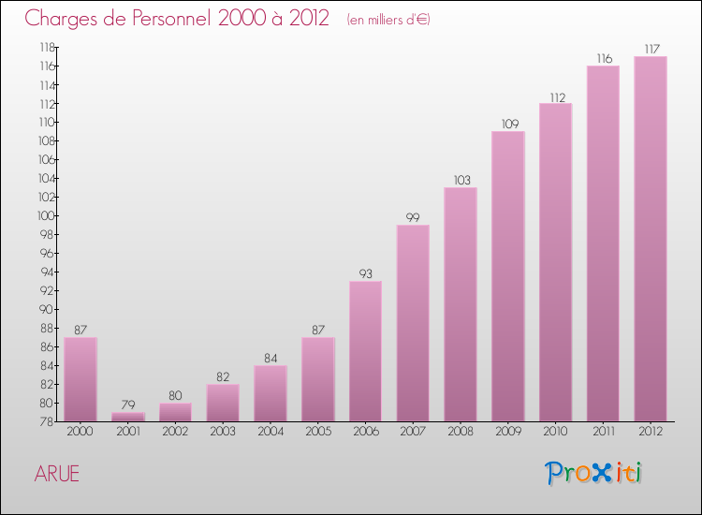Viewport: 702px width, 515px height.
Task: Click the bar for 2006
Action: pos(365,351)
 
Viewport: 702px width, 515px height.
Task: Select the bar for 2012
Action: pos(650,239)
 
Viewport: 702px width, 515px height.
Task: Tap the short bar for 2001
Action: pos(127,417)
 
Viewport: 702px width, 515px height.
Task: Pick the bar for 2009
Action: pos(507,276)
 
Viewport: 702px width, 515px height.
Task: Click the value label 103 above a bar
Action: pos(461,180)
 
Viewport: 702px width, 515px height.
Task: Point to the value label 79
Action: pos(127,405)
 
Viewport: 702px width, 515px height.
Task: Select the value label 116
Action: pos(603,58)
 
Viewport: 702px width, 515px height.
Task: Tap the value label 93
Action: pos(365,273)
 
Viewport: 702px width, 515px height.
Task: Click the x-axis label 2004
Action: pos(270,432)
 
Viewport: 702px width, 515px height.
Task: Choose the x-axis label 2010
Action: pos(555,432)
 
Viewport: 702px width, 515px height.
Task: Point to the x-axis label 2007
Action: pos(413,432)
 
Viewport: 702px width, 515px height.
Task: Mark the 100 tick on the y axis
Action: pos(44,215)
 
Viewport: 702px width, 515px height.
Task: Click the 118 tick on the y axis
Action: pos(44,47)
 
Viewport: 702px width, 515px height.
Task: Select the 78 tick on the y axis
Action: pos(45,421)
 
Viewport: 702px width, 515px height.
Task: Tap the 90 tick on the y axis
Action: pos(44,309)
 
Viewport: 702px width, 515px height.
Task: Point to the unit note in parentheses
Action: pos(388,20)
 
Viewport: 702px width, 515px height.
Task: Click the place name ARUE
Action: pos(57,474)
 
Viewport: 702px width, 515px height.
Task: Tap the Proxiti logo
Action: pos(594,473)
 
